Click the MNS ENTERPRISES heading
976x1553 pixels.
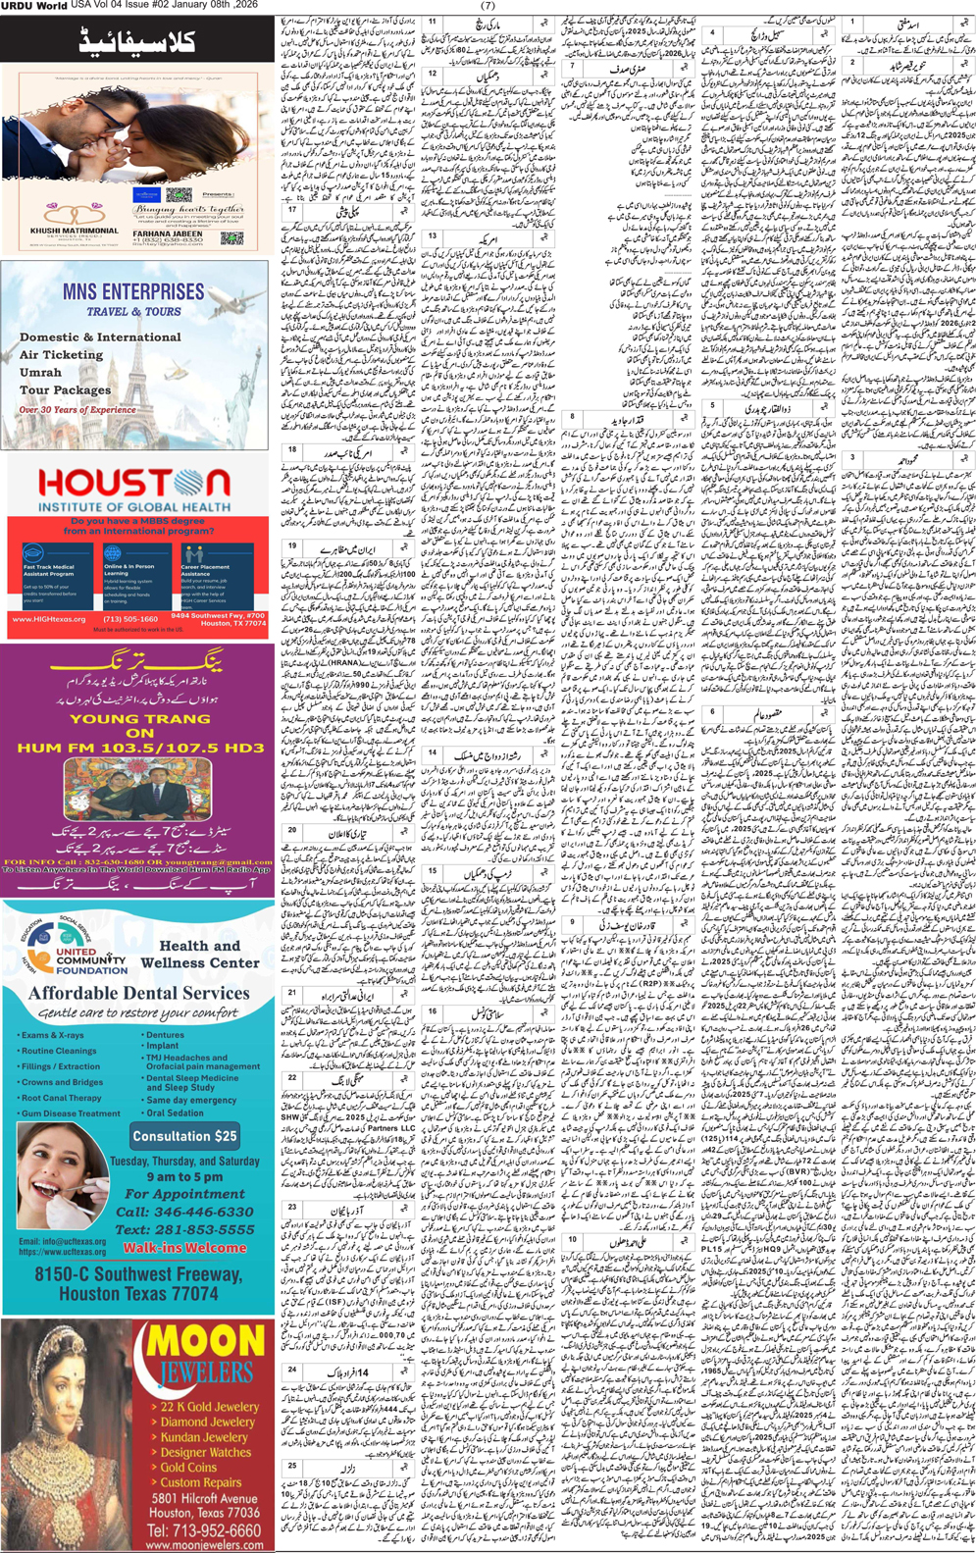[133, 292]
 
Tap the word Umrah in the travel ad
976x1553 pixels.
[40, 373]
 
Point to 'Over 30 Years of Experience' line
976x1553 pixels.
[77, 410]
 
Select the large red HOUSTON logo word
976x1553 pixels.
[134, 484]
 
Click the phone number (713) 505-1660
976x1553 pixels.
[130, 619]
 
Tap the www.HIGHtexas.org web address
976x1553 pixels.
[49, 619]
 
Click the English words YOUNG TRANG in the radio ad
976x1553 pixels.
[139, 719]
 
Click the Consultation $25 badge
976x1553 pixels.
[185, 1136]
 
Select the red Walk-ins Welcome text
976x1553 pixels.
[184, 1248]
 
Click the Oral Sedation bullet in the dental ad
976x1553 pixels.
[175, 1113]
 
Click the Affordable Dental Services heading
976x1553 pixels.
[138, 993]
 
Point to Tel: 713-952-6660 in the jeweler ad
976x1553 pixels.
[204, 1530]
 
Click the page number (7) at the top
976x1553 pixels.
[488, 6]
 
